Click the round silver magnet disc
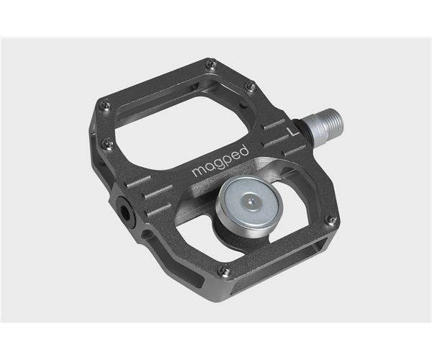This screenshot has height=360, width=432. point(248,204)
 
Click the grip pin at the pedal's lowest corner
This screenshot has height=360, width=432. point(225,271)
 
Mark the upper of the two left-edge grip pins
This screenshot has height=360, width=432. point(105,103)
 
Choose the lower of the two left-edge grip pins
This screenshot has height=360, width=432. point(107,143)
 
